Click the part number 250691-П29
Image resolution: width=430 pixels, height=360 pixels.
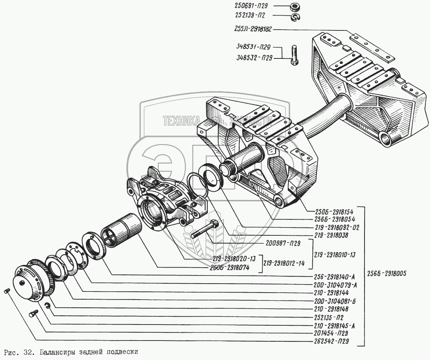254,6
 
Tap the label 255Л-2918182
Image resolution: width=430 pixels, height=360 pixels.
255,29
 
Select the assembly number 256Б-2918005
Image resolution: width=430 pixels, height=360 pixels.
387,273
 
